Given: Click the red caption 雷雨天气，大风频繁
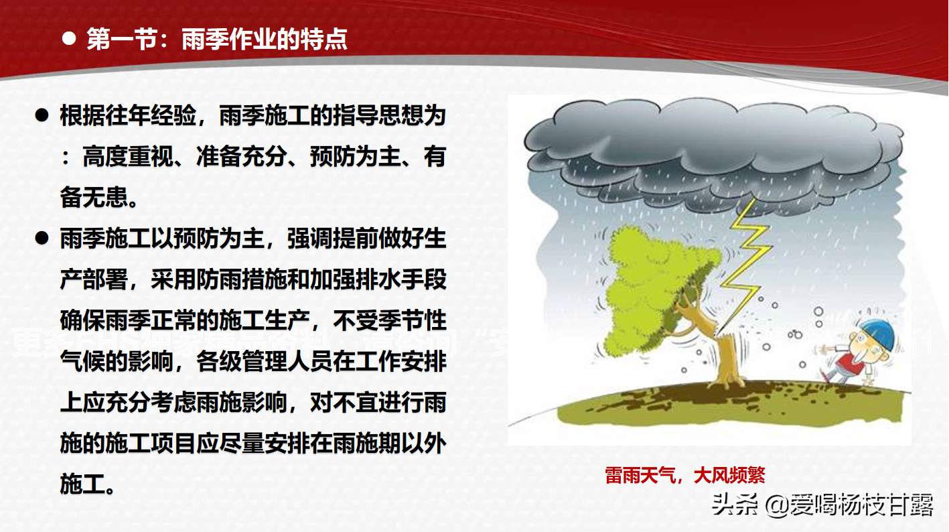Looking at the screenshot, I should coord(684,475).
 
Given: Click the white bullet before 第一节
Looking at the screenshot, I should coord(68,39).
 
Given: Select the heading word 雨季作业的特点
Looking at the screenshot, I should coord(265,40).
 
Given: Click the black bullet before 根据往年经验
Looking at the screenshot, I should coord(42,116).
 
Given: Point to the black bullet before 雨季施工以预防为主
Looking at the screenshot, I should coord(42,238).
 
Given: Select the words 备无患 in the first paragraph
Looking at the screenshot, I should coord(94,198).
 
